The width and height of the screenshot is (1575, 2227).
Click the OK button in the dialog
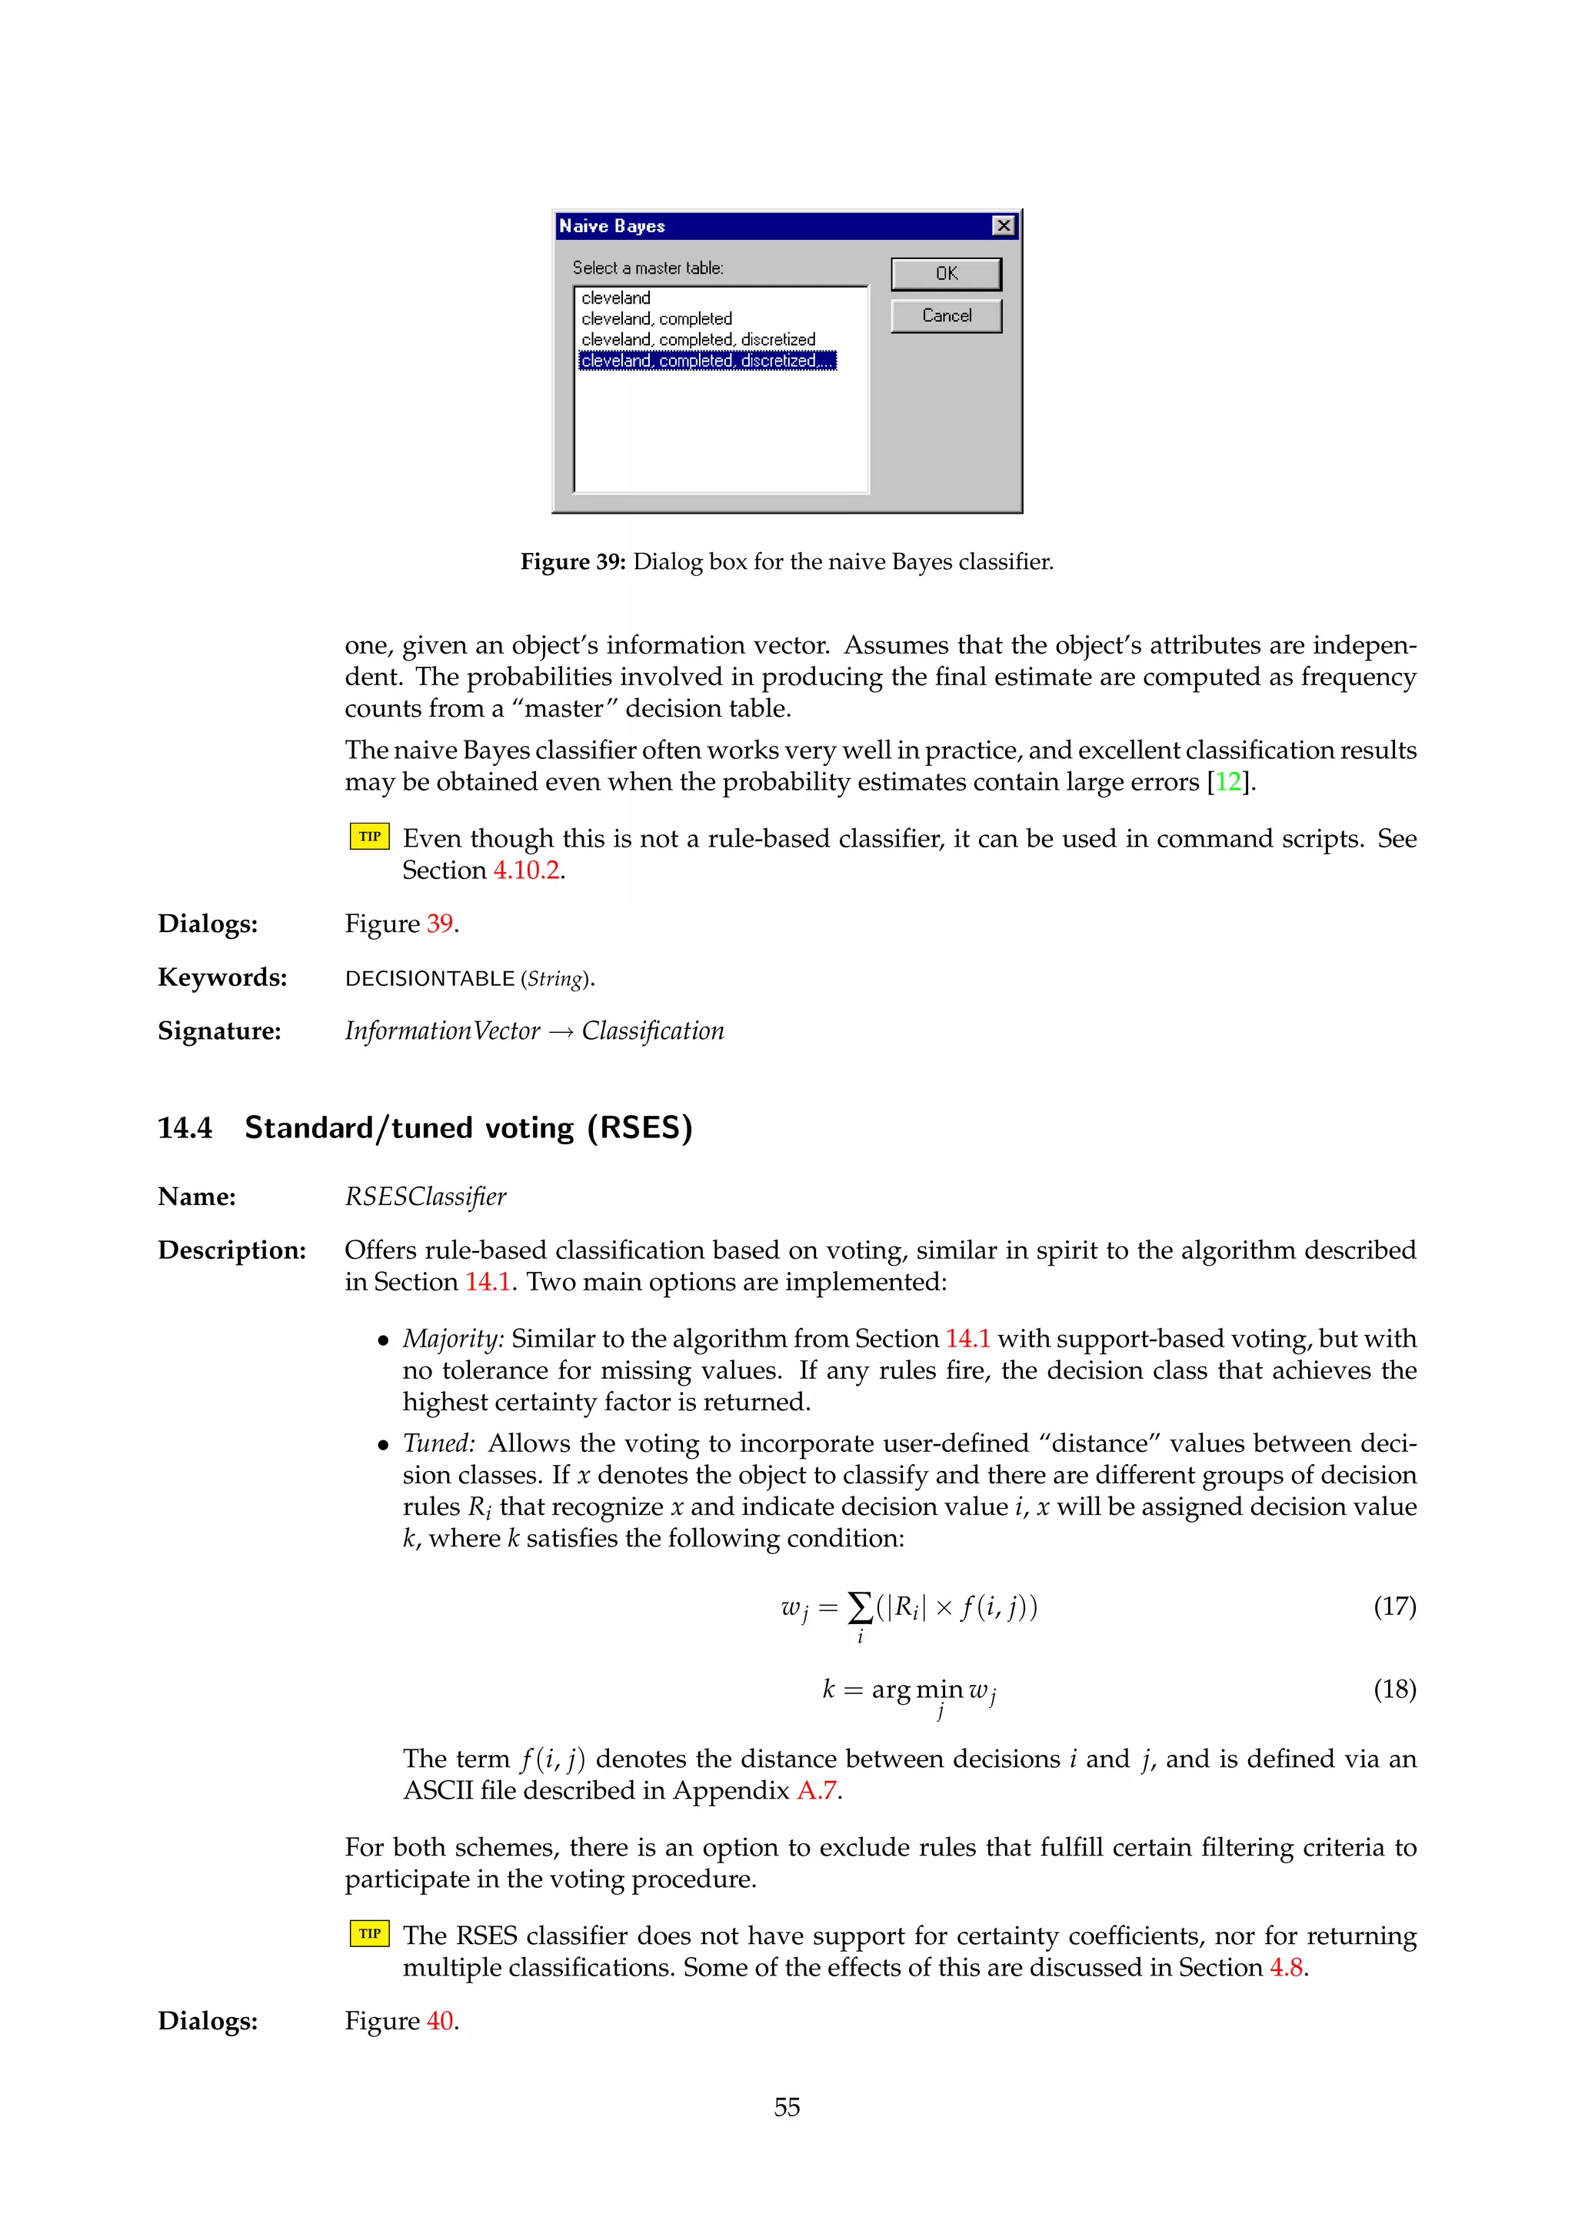pyautogui.click(x=946, y=274)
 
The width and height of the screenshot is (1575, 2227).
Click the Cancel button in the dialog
pyautogui.click(x=946, y=315)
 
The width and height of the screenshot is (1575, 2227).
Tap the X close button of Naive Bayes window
pyautogui.click(x=1004, y=226)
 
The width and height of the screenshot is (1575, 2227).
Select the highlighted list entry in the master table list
pyautogui.click(x=707, y=361)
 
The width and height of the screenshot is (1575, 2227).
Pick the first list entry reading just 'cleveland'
pyautogui.click(x=616, y=298)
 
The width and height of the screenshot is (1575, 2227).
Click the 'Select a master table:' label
pyautogui.click(x=647, y=268)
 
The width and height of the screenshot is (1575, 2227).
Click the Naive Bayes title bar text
pyautogui.click(x=612, y=226)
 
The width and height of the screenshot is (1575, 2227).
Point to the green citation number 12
pyautogui.click(x=1228, y=782)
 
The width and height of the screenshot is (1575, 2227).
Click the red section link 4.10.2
pyautogui.click(x=527, y=870)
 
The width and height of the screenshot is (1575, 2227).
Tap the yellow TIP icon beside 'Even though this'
pyautogui.click(x=369, y=836)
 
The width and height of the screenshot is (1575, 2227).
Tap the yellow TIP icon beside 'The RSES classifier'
pyautogui.click(x=369, y=1933)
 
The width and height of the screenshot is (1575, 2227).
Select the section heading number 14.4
pyautogui.click(x=185, y=1127)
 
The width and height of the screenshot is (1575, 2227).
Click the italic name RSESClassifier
pyautogui.click(x=426, y=1197)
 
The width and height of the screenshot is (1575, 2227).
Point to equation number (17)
pyautogui.click(x=1394, y=1606)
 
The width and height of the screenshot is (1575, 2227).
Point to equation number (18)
pyautogui.click(x=1394, y=1689)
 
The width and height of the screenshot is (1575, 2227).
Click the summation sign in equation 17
pyautogui.click(x=859, y=1607)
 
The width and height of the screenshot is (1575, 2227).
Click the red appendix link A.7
pyautogui.click(x=816, y=1790)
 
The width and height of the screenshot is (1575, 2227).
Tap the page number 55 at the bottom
pyautogui.click(x=787, y=2107)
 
